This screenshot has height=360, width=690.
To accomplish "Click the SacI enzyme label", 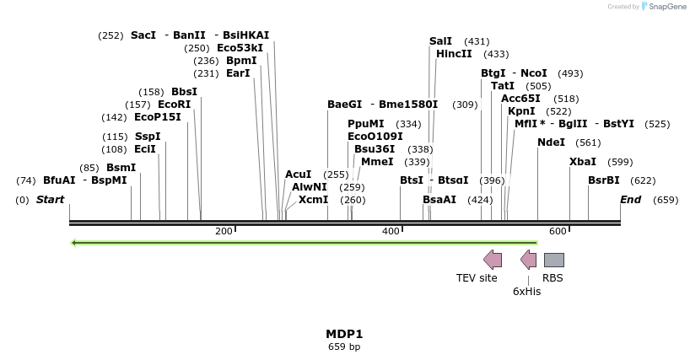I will pos(143,35).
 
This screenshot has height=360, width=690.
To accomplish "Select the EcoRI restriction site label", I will pos(174,105).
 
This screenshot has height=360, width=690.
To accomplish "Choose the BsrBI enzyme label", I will pos(604,180).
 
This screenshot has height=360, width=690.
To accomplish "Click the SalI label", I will pos(440,41).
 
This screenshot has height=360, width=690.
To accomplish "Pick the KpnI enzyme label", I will pos(521,111).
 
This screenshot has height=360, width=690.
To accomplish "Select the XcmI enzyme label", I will pos(313,200).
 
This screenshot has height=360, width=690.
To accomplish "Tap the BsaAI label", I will pos(439,200).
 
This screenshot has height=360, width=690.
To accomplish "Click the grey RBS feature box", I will pos(553,260).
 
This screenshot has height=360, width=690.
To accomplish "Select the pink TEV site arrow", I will pos(492,260).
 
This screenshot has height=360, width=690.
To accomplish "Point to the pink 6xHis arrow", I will pos(528,260).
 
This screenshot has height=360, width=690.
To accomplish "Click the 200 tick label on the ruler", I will pos(224,231).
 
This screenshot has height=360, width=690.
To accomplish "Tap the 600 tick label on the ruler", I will pos(558,231).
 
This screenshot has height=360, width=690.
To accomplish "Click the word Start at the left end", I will pos(50,200).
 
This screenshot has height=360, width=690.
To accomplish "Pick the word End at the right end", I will pos(630,200).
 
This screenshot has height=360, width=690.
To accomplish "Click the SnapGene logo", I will pos(663,7).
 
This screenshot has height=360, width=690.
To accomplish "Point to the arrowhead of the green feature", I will pos(74,243).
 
